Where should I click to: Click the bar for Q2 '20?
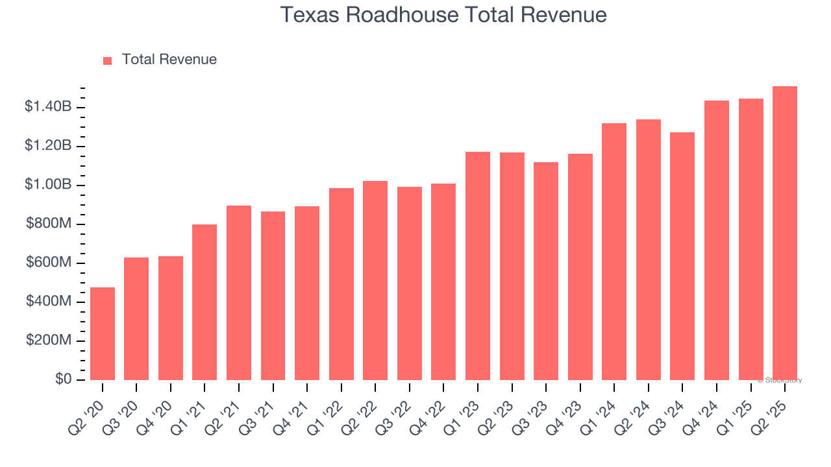tap(103, 333)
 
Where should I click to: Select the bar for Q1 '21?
tap(205, 302)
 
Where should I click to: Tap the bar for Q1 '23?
tap(478, 266)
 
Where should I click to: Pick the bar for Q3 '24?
tap(682, 256)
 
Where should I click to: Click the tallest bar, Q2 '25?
tap(785, 233)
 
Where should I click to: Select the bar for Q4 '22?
tap(443, 281)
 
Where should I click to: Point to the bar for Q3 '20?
tap(136, 318)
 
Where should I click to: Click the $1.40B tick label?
tap(47, 107)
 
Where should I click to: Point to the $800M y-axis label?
tap(49, 224)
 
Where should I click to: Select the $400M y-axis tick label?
tap(49, 302)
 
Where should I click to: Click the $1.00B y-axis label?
tap(47, 185)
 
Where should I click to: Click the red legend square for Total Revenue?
tap(108, 60)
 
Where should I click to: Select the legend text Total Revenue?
tap(169, 60)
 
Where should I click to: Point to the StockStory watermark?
tap(780, 380)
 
